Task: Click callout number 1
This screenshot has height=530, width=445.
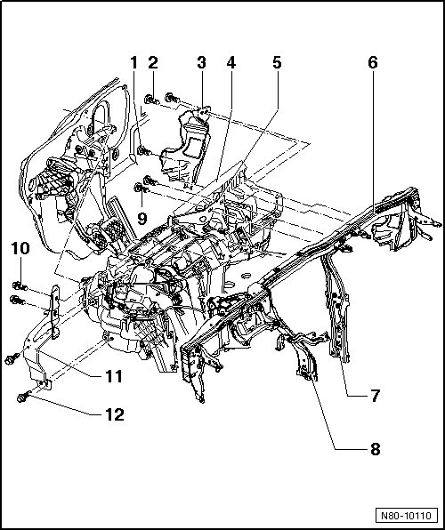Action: tap(134, 63)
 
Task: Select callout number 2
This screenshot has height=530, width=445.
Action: tap(153, 63)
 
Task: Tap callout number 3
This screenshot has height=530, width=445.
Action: tap(202, 63)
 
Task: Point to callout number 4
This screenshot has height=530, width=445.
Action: tap(231, 63)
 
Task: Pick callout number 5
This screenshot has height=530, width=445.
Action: tap(277, 63)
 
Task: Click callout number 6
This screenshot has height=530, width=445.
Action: tap(373, 63)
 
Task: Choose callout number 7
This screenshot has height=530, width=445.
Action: tap(375, 396)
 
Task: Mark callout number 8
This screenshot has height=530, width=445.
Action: tap(375, 449)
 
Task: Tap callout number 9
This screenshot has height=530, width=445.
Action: tap(142, 219)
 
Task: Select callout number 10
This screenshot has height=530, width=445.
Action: tap(20, 248)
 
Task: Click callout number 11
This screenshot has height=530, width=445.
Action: tap(113, 376)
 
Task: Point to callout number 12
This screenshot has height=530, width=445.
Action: tap(115, 414)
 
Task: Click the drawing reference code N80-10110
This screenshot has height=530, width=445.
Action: tap(407, 516)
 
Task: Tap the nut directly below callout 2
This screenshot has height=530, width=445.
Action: tap(151, 100)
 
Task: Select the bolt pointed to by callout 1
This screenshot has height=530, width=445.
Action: tap(143, 150)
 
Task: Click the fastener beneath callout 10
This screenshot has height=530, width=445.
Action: tap(20, 287)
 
